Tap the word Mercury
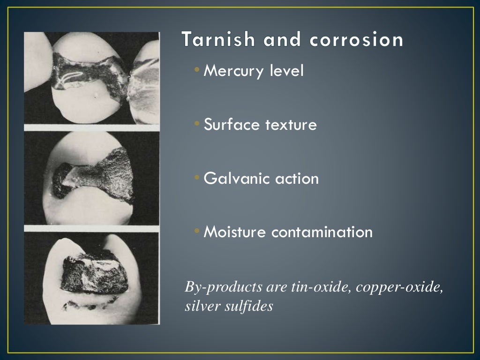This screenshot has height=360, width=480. (x=234, y=71)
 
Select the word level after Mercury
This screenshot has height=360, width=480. (x=287, y=71)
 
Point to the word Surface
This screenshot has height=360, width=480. (x=232, y=125)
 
